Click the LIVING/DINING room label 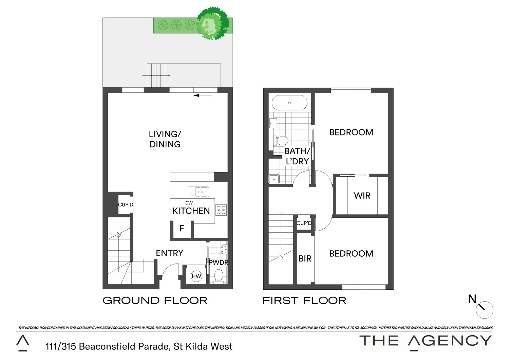165,139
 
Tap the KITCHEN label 191,211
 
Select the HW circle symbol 196,276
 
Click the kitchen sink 199,192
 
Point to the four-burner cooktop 221,210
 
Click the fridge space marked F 182,229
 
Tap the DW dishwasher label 189,203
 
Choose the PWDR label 218,263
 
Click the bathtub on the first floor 289,103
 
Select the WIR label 362,196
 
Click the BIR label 305,259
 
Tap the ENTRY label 169,253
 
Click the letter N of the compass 472,299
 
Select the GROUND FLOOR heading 155,301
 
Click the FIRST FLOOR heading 304,301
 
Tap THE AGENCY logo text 426,341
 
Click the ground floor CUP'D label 126,205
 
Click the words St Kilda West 203,346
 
